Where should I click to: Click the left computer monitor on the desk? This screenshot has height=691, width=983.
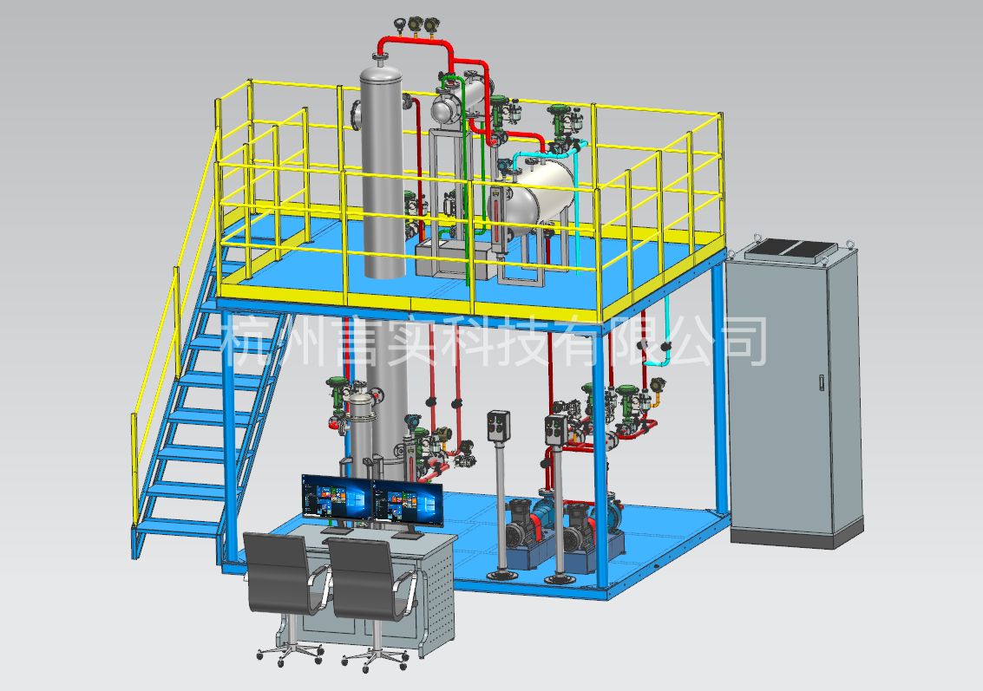(x=337, y=497)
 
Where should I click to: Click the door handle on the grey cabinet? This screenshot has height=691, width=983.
(x=822, y=382)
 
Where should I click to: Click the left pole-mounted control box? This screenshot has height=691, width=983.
(x=498, y=425)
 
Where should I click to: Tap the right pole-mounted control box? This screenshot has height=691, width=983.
(x=556, y=429)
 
